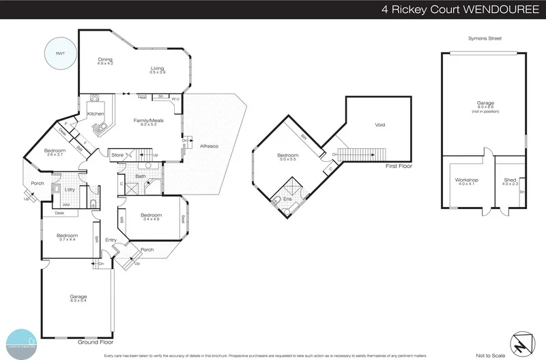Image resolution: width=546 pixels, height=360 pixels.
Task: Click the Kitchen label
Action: tap(95, 114)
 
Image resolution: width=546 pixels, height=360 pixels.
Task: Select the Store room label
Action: tap(117, 156)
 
